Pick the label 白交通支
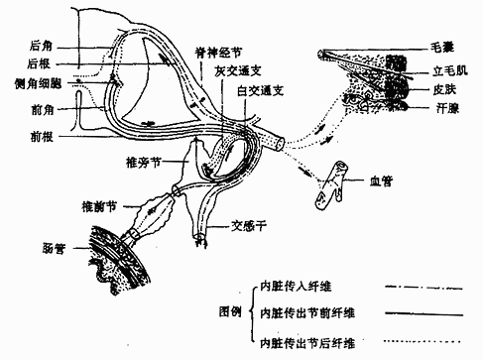260,91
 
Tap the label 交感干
250,224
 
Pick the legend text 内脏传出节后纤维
306,344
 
